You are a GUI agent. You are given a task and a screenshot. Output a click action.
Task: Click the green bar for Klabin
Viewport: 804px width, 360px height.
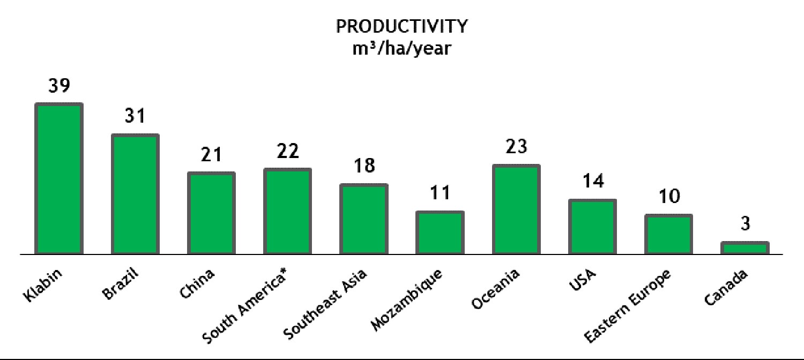point(59,178)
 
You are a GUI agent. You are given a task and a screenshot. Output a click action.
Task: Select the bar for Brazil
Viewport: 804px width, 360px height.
point(135,194)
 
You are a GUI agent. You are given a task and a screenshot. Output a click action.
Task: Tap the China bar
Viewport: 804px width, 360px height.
point(211,213)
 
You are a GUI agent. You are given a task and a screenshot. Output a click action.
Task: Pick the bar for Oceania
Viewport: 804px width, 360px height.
point(517,209)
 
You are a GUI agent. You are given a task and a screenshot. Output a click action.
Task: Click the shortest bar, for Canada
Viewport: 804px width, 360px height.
point(745,248)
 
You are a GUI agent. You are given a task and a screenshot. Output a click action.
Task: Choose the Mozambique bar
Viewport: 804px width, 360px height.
point(440,232)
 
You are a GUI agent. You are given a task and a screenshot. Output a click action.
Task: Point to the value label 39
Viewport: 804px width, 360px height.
point(59,85)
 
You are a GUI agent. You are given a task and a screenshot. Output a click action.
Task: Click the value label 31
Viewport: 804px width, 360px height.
point(135,116)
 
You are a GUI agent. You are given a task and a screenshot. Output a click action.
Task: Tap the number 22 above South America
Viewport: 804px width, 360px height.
point(288,151)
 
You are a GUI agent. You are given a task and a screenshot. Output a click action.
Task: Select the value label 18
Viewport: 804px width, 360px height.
point(364,166)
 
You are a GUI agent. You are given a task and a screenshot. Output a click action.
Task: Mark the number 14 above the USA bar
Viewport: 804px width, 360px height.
point(593,181)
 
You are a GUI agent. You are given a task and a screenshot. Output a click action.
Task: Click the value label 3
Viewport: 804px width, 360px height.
point(746,223)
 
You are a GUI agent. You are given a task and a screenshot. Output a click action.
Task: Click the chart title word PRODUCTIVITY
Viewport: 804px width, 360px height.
point(401,26)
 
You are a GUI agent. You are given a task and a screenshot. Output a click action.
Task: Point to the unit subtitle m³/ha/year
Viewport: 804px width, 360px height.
point(401,48)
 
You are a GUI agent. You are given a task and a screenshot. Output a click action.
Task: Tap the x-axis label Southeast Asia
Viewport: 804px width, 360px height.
point(325,304)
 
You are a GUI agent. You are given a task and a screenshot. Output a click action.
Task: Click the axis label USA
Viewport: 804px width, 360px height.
point(582,280)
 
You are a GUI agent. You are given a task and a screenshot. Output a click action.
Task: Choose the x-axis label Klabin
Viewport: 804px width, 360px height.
point(42,285)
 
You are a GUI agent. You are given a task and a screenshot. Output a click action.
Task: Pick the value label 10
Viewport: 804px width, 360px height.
point(669,196)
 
